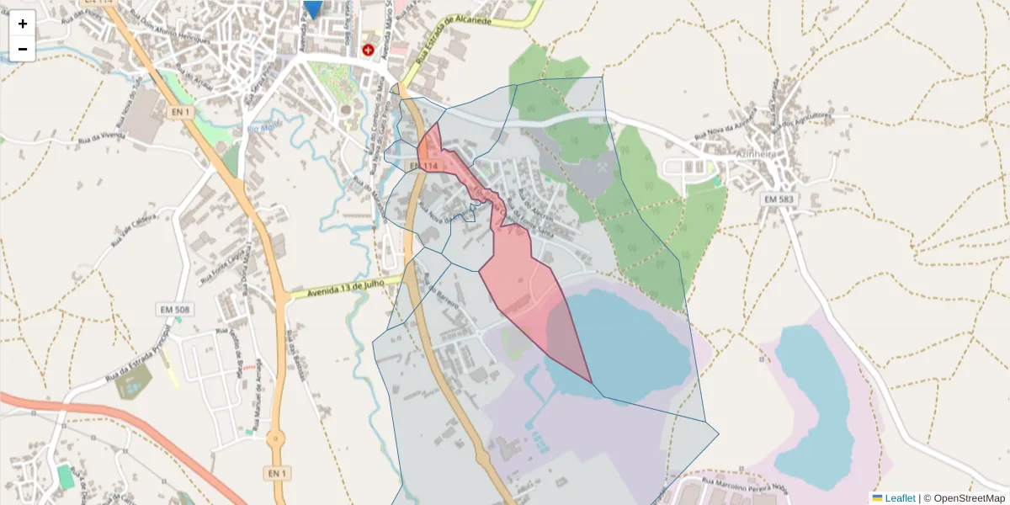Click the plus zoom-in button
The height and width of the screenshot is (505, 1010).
23,24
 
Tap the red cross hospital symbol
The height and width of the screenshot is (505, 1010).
368,50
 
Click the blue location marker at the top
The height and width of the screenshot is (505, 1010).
313,8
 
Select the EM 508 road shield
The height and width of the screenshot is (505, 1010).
175,310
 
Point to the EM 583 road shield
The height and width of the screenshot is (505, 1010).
780,199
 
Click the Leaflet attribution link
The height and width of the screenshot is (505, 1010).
899,498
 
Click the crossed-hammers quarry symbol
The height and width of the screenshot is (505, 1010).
603,167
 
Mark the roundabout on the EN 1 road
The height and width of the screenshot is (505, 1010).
274,439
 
